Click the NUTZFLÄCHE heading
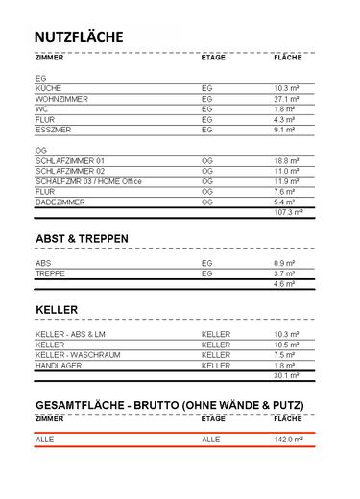click(x=78, y=36)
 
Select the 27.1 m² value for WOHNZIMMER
click(x=286, y=98)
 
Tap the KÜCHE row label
click(x=48, y=87)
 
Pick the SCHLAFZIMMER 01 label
click(x=70, y=160)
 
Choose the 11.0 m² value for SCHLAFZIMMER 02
click(x=287, y=171)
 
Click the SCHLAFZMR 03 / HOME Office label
click(x=87, y=181)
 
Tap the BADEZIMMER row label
click(x=62, y=202)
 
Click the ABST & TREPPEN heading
click(x=82, y=237)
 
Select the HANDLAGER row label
click(x=60, y=365)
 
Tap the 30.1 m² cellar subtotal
click(x=287, y=375)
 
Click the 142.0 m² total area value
click(x=288, y=439)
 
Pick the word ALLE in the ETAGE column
click(x=211, y=439)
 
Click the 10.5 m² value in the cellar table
click(x=287, y=344)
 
